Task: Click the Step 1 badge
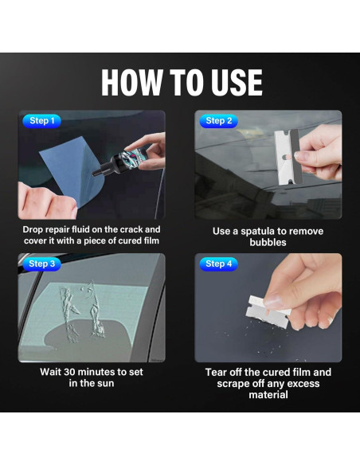41,121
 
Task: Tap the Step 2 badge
218,121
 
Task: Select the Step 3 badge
41,264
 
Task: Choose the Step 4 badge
218,264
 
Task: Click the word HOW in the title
132,83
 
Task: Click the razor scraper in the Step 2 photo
288,157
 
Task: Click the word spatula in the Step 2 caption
257,232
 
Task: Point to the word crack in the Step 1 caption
132,229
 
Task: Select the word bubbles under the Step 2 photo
268,242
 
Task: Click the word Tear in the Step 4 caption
216,372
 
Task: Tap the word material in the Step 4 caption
268,395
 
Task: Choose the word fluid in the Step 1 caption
80,229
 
